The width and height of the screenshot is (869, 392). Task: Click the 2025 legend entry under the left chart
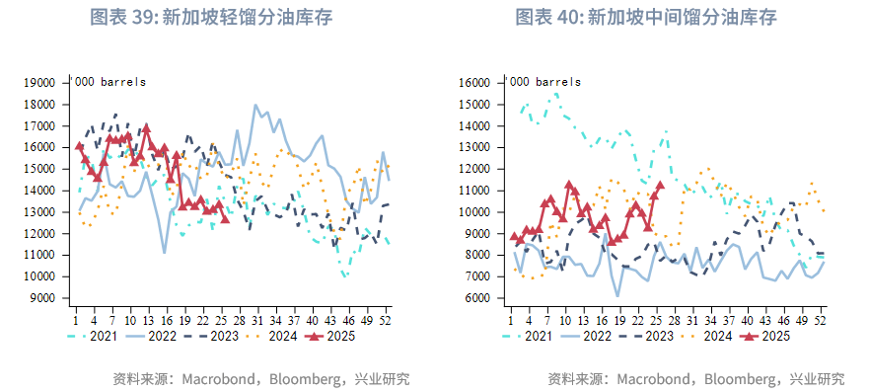pyautogui.click(x=329, y=336)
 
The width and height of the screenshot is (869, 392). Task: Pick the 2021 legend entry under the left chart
pyautogui.click(x=106, y=336)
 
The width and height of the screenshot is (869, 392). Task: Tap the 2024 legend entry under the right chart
pyautogui.click(x=707, y=336)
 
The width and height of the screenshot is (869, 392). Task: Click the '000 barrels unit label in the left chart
pyautogui.click(x=109, y=81)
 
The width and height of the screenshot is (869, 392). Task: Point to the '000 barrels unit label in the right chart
pyautogui.click(x=543, y=81)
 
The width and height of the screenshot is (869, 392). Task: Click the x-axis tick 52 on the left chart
pyautogui.click(x=388, y=319)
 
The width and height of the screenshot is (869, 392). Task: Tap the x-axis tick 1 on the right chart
pyautogui.click(x=511, y=319)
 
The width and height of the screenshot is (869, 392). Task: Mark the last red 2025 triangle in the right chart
pyautogui.click(x=660, y=186)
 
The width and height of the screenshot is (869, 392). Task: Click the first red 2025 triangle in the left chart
pyautogui.click(x=80, y=146)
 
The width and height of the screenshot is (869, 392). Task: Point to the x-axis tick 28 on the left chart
pyautogui.click(x=238, y=319)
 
